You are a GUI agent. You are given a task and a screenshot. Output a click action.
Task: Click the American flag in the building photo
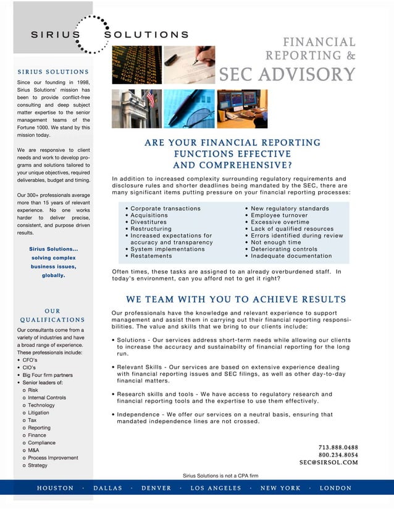(150, 99)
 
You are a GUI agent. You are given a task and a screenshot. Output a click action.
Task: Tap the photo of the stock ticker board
(136, 65)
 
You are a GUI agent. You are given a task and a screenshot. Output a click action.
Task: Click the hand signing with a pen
(199, 59)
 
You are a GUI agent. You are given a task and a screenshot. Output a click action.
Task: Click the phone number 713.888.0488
(338, 447)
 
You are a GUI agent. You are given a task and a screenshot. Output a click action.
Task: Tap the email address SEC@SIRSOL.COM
(329, 462)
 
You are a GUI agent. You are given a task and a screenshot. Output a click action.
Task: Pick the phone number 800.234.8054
(338, 455)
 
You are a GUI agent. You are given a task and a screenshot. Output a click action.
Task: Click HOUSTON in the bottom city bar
(55, 488)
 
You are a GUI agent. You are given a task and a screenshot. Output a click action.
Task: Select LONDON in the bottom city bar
(335, 488)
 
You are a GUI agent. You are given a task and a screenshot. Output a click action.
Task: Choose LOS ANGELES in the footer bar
(216, 488)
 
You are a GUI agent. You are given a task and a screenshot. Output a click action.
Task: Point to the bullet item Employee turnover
(280, 215)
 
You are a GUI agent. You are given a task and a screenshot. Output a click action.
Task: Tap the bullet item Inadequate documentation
(291, 256)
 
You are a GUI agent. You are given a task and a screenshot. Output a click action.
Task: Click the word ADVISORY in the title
(307, 74)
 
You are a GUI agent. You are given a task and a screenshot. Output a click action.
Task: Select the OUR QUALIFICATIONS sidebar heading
(52, 316)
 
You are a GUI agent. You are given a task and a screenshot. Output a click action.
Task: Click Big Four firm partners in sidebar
(48, 376)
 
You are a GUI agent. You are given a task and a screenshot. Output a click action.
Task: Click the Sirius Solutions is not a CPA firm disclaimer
(220, 475)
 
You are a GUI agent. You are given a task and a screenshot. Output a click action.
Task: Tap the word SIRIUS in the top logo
(56, 35)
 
